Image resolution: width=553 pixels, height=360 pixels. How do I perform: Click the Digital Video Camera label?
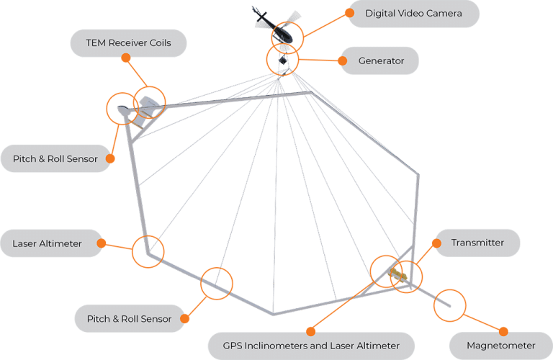[413, 14]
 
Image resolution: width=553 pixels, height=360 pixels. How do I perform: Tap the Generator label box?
[381, 61]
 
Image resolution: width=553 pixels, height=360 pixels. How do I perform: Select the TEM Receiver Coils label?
[129, 43]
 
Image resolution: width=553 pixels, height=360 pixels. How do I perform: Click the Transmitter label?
[477, 243]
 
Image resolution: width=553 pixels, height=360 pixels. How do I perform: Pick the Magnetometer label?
[500, 346]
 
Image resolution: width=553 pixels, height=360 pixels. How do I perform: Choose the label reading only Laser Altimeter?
[47, 244]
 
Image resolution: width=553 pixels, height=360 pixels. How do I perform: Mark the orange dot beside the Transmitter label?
[436, 243]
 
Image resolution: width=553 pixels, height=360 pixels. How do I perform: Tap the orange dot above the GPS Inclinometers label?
[310, 330]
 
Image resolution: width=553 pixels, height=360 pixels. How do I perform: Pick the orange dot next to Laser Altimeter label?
[102, 243]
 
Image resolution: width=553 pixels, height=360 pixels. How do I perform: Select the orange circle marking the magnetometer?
[449, 305]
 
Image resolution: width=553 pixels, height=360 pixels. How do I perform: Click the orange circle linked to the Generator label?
[282, 60]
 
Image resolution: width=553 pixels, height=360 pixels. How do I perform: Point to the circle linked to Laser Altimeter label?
[148, 252]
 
